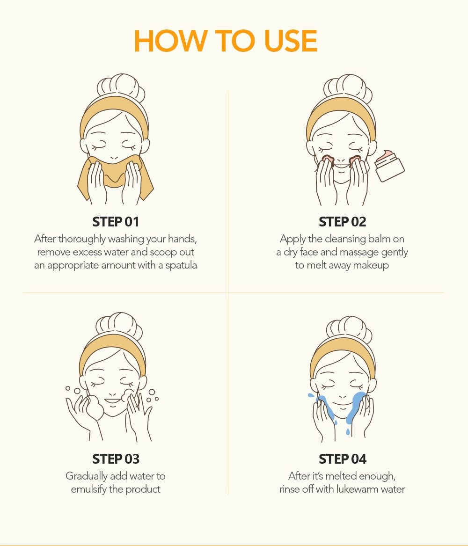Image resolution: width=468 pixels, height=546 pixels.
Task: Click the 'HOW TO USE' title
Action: pyautogui.click(x=226, y=41)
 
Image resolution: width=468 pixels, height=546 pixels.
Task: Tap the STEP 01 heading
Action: pyautogui.click(x=116, y=222)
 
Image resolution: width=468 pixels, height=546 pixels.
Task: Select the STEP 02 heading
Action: pyautogui.click(x=343, y=222)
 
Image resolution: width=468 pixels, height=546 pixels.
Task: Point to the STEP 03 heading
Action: pyautogui.click(x=116, y=459)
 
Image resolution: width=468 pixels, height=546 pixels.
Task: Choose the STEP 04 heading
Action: pyautogui.click(x=343, y=459)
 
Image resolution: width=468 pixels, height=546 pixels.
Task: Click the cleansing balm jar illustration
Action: pyautogui.click(x=389, y=166)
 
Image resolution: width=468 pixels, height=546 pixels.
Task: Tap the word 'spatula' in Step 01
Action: pyautogui.click(x=181, y=266)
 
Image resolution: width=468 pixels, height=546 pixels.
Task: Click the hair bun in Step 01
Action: pyautogui.click(x=120, y=87)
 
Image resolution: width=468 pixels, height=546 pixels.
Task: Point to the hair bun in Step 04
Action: pyautogui.click(x=349, y=329)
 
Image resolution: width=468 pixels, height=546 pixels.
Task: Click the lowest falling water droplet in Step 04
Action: pyautogui.click(x=348, y=432)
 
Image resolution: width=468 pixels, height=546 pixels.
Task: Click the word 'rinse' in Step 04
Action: pyautogui.click(x=289, y=489)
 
